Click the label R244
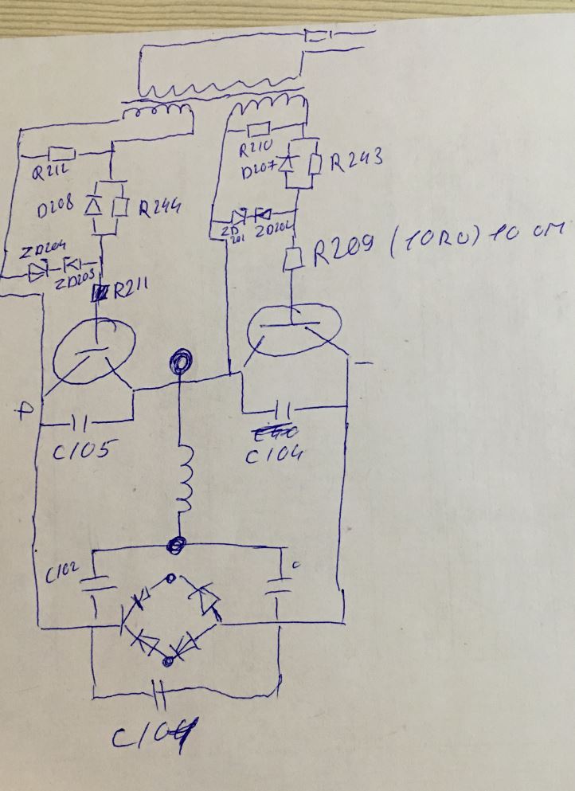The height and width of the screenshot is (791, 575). (160, 209)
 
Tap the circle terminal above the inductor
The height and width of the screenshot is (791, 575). (178, 363)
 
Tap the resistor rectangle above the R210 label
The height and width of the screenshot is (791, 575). (260, 131)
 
